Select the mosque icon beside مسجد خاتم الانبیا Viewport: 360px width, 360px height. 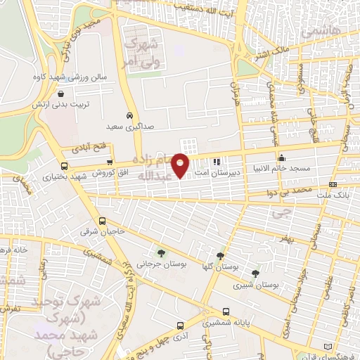coord(282,157)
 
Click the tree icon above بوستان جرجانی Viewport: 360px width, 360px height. coord(162,253)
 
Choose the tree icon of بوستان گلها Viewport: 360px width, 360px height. coord(221,256)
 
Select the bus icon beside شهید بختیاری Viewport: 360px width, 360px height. coord(64,167)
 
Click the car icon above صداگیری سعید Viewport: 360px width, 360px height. coord(129,115)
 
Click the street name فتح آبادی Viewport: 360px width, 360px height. coord(87,149)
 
